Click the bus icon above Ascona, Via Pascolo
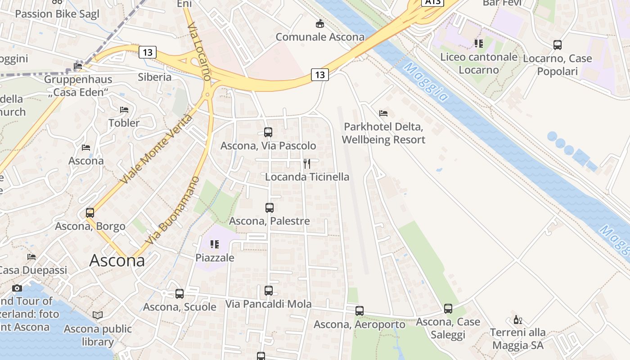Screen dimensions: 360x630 point(268,132)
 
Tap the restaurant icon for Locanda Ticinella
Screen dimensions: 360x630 point(307,163)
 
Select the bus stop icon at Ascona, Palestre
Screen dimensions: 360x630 point(269,208)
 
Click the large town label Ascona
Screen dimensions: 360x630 point(117,261)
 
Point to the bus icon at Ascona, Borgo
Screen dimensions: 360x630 point(90,213)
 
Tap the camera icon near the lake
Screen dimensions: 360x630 point(17,288)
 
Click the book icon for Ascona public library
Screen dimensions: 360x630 point(98,315)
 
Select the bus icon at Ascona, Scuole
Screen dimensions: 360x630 point(180,294)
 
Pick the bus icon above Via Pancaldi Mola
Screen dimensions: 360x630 point(269,291)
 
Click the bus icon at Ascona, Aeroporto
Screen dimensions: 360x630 point(359,311)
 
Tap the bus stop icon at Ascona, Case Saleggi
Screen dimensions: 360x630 point(448,309)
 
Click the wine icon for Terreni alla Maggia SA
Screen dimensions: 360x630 point(517,319)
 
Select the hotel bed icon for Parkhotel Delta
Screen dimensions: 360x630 point(383,113)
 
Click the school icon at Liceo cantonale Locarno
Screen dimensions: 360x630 point(479,44)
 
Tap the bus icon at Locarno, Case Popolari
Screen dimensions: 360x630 point(557,45)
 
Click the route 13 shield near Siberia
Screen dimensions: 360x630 point(147,52)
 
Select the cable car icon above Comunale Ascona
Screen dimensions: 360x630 point(320,23)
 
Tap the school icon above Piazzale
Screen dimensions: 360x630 point(215,244)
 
